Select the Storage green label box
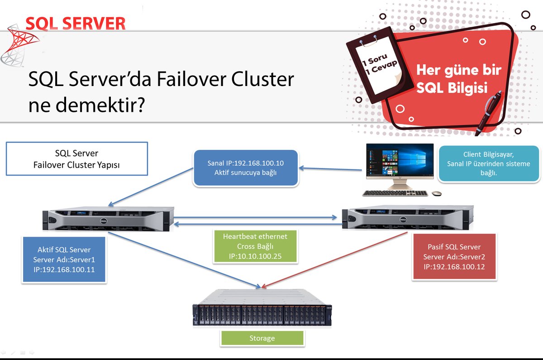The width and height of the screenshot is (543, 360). pos(262,338)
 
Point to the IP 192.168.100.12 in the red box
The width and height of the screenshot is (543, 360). pos(454,267)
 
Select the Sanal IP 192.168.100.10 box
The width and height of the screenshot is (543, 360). pos(245,168)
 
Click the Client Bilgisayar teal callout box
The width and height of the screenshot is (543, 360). pos(490,163)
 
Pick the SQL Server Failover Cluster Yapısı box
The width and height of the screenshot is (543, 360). pos(76,158)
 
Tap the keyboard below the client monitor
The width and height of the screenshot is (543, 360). pos(395,193)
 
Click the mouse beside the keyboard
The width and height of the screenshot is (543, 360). pos(436,193)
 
